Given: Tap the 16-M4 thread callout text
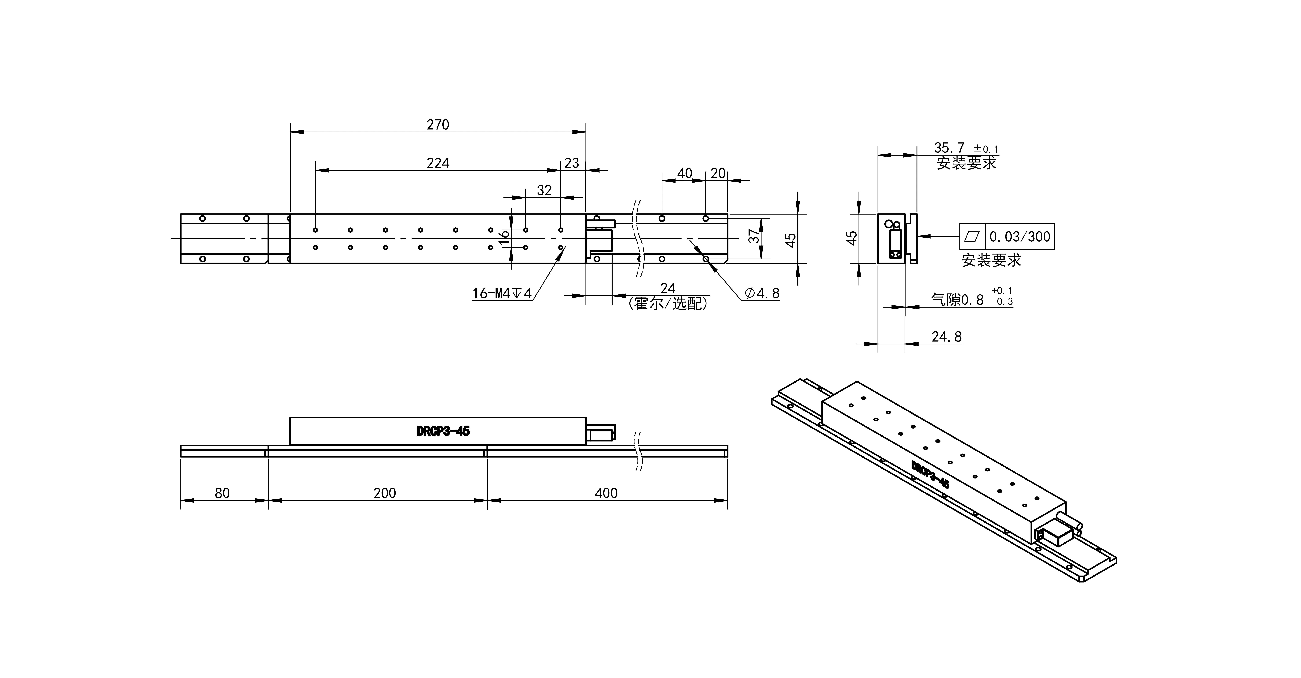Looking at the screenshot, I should [502, 293].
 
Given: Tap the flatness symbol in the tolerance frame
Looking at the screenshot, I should [972, 236].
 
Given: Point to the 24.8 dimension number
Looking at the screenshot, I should [946, 337].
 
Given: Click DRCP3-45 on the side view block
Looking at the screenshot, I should [443, 431].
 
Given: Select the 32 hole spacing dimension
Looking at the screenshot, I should [544, 190].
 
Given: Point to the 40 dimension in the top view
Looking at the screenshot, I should [684, 173].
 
